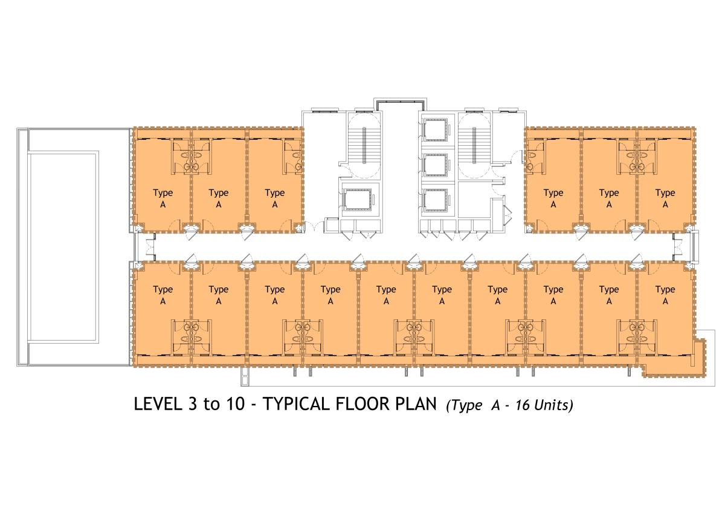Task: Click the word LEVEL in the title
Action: tap(158, 405)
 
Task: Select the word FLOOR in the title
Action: tap(362, 405)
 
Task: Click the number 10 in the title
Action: tap(235, 405)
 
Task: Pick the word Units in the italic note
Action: tap(553, 405)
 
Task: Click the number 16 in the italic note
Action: tap(523, 405)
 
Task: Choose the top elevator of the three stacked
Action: tap(436, 130)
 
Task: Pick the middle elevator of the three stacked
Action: tap(436, 165)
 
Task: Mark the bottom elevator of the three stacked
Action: tap(436, 200)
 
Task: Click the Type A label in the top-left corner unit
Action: tap(163, 198)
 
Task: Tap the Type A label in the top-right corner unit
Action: tap(665, 198)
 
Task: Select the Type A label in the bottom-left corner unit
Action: tap(163, 295)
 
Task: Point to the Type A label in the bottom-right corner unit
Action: tap(665, 295)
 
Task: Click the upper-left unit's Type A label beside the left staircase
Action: tap(275, 198)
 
